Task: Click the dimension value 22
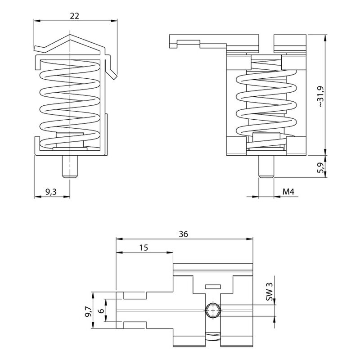click(75, 16)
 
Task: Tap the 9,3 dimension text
click(51, 192)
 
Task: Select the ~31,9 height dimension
click(319, 97)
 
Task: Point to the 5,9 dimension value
click(319, 168)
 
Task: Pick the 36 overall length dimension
click(183, 234)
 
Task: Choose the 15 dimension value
click(144, 248)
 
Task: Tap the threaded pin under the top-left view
click(70, 166)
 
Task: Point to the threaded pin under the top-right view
click(266, 166)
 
